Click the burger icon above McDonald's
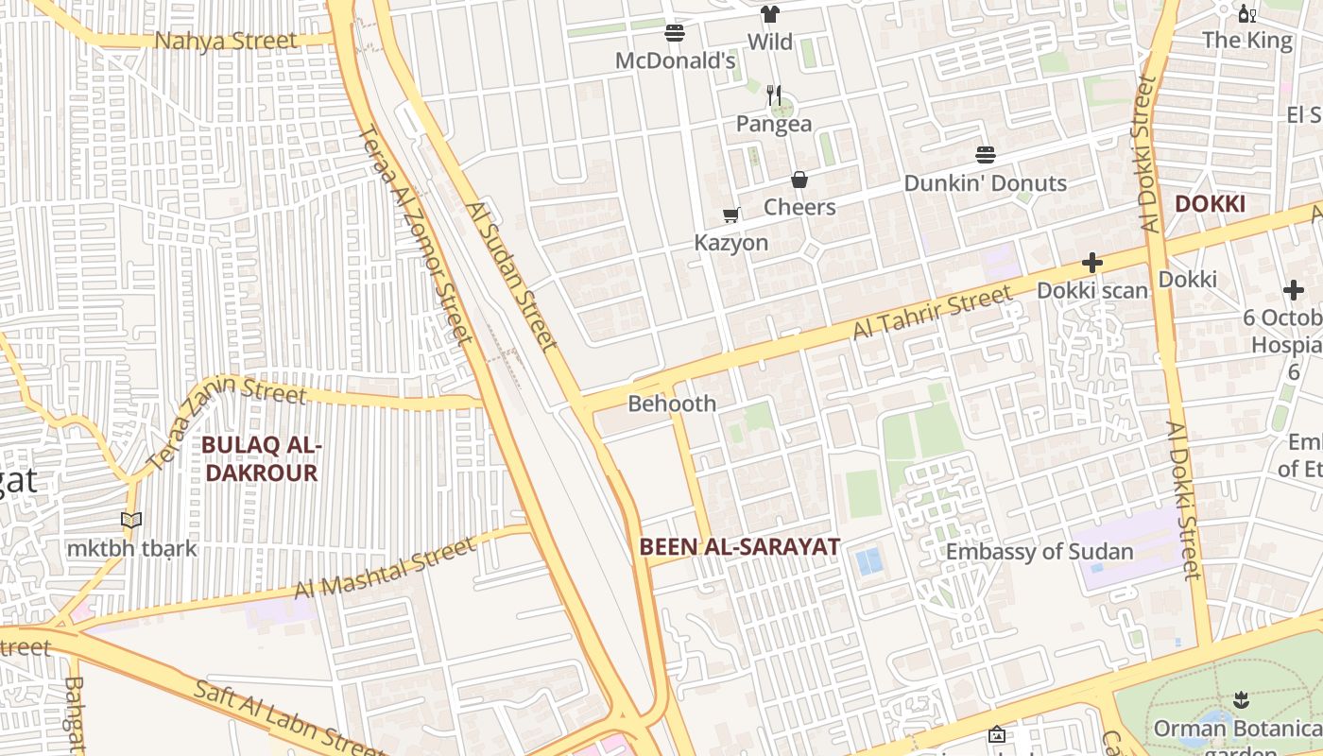click(x=675, y=33)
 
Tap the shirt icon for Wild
click(x=770, y=14)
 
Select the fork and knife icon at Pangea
click(x=774, y=94)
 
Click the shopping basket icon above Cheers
click(x=799, y=180)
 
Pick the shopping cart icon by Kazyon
click(x=730, y=215)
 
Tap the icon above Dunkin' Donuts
click(x=986, y=155)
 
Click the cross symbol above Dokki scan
click(x=1092, y=263)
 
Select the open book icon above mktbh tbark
click(x=131, y=521)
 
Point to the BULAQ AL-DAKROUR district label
click(x=262, y=458)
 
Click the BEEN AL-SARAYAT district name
click(x=739, y=546)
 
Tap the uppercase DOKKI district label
click(x=1209, y=204)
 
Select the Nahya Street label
click(x=227, y=41)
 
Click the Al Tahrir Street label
click(x=931, y=316)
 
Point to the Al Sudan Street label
click(x=511, y=276)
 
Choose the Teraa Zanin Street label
click(x=228, y=422)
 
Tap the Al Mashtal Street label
click(x=385, y=569)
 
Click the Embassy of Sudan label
click(x=1039, y=552)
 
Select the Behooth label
click(x=672, y=404)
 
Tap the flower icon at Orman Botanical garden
click(x=1241, y=700)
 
